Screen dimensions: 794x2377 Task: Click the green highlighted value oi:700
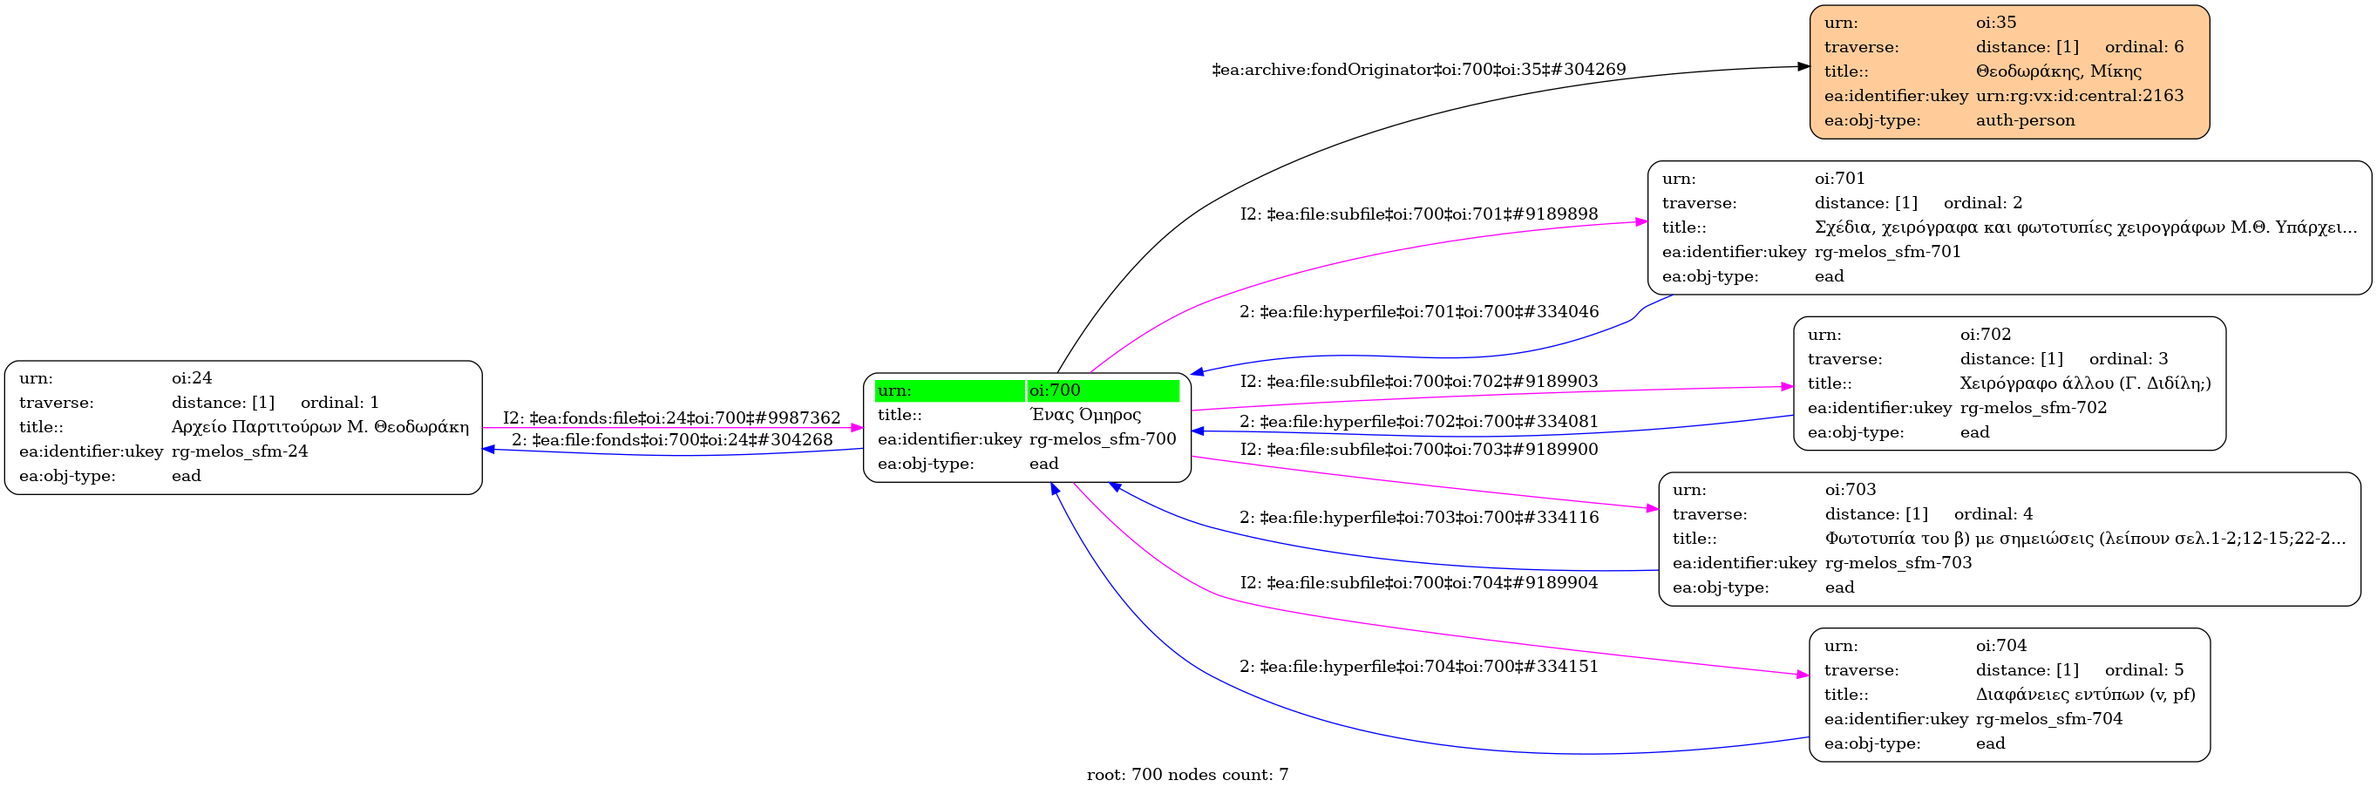click(x=1055, y=390)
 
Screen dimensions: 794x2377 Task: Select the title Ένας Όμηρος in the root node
click(x=1085, y=415)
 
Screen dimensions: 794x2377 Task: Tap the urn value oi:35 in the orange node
click(x=1996, y=22)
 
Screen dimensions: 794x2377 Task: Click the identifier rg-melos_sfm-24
click(x=240, y=451)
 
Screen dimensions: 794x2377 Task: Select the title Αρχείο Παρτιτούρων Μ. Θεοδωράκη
click(x=320, y=427)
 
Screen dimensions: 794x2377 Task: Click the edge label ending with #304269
click(x=1418, y=69)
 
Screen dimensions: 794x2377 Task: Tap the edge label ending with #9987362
click(x=672, y=417)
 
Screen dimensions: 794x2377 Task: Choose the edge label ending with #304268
click(x=672, y=440)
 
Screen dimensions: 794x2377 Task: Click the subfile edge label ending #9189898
click(x=1418, y=214)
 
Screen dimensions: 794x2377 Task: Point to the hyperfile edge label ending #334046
click(x=1418, y=312)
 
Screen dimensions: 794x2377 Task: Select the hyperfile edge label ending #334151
click(x=1418, y=666)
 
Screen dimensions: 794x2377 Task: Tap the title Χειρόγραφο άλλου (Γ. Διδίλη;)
click(x=2085, y=383)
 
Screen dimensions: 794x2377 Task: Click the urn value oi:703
click(x=1851, y=490)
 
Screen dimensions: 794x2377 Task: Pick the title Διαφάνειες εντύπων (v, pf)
click(x=2085, y=695)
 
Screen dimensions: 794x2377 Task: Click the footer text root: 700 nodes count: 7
click(x=1187, y=775)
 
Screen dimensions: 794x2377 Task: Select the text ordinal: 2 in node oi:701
click(x=1983, y=203)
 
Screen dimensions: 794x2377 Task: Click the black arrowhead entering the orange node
click(x=1803, y=66)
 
